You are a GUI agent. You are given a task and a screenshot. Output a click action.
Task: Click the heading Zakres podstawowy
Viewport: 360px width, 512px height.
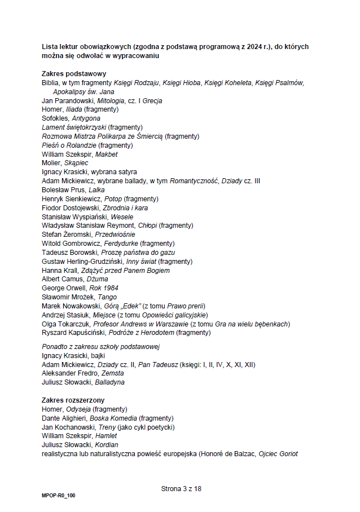74,74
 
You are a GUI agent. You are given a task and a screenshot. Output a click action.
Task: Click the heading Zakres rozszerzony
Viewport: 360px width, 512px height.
73,400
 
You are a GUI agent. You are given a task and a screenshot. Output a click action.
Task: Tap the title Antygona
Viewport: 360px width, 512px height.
86,118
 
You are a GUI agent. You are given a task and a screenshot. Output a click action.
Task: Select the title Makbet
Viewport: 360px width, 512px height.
107,154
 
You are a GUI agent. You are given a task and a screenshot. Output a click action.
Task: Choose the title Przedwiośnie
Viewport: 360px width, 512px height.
115,235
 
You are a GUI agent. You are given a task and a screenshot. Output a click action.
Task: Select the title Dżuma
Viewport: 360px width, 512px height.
97,279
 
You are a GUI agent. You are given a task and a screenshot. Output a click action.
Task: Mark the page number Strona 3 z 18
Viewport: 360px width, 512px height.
181,489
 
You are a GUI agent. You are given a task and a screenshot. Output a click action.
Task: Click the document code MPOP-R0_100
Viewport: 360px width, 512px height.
58,496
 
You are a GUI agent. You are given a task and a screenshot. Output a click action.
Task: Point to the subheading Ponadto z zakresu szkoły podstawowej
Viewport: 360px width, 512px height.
101,347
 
